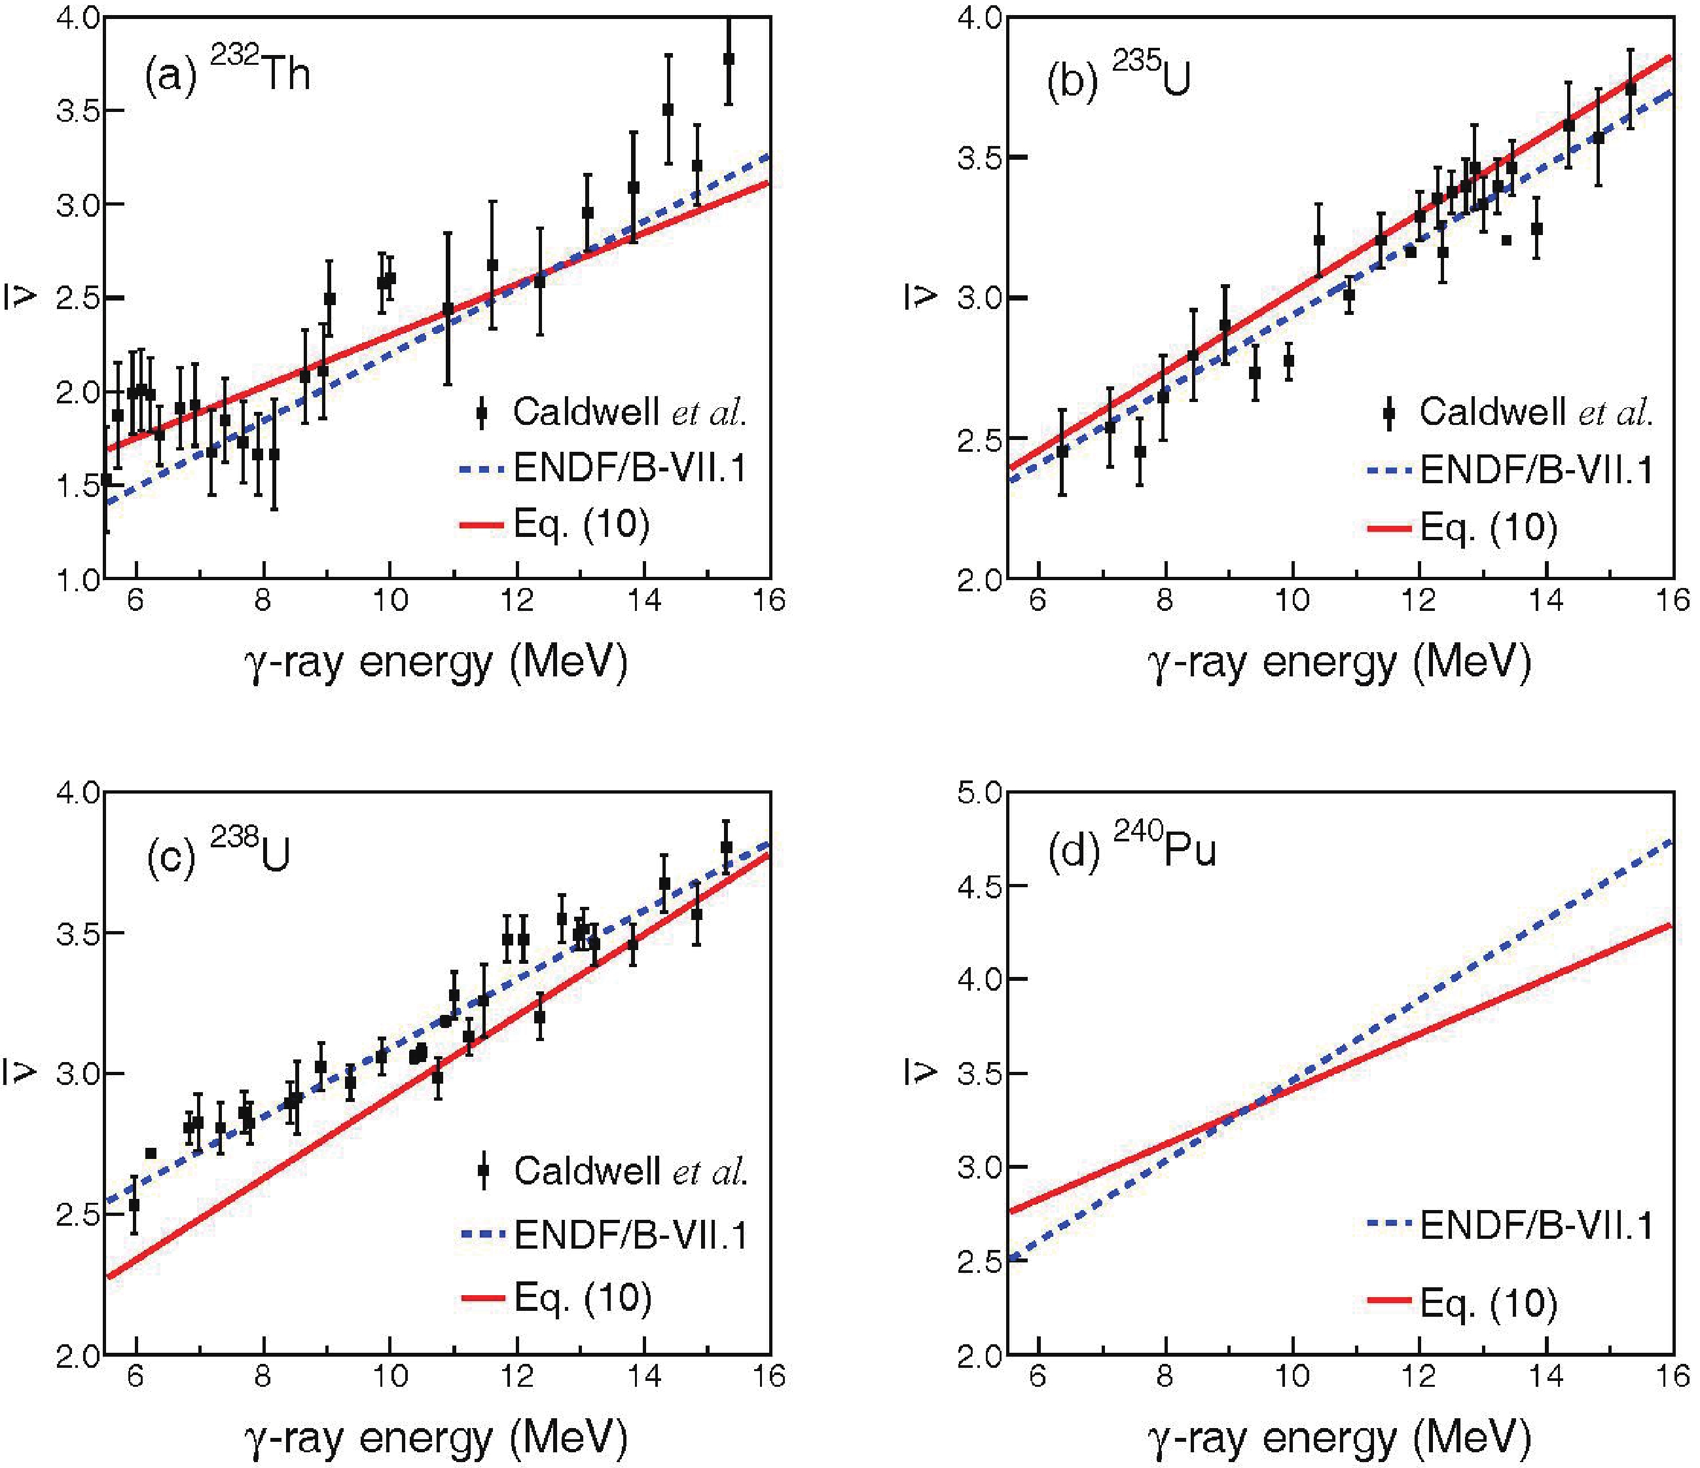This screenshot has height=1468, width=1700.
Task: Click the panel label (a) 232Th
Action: coord(227,74)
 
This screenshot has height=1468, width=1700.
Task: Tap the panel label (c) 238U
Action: coord(218,853)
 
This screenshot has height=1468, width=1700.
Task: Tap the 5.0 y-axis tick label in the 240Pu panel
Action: coord(980,793)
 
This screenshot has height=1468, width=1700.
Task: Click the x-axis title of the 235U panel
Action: coord(1339,663)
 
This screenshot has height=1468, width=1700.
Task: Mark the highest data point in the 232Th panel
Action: coord(728,59)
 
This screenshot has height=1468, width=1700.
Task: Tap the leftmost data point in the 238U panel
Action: coord(134,1205)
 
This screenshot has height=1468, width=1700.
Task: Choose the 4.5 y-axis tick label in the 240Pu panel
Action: coord(980,886)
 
